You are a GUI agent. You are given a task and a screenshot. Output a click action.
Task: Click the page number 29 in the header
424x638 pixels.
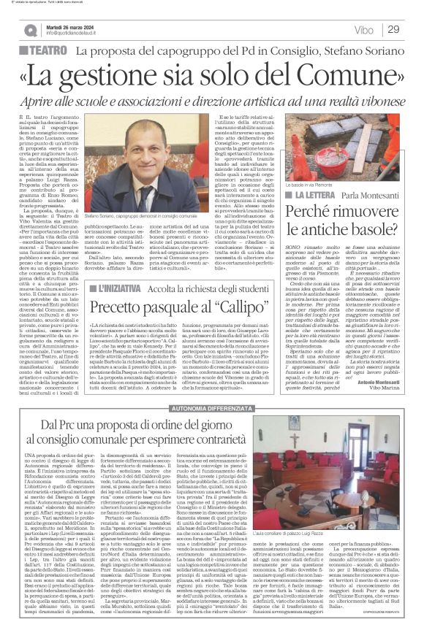coord(393,29)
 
